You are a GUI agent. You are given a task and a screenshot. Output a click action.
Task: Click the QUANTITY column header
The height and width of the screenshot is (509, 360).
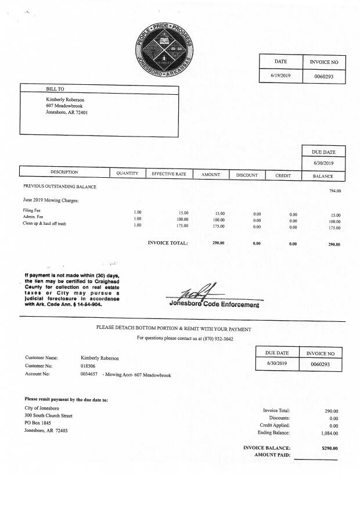point(127,173)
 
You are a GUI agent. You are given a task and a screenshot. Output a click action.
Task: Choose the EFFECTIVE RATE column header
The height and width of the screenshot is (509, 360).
point(168,174)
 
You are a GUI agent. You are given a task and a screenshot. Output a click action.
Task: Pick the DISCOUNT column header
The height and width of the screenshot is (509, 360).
point(247,174)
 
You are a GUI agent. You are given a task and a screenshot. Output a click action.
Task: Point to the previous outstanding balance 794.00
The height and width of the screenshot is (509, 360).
point(335,191)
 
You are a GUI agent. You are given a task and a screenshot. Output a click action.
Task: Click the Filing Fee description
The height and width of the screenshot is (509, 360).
point(31,210)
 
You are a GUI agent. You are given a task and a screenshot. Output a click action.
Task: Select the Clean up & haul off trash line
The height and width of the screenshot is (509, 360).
point(44,224)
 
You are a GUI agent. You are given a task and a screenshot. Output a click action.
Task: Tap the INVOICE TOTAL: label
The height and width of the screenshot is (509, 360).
point(168,243)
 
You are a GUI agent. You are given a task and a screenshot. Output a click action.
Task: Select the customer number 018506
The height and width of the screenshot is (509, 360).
point(88,367)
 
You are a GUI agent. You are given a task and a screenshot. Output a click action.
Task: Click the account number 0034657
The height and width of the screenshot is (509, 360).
point(89,375)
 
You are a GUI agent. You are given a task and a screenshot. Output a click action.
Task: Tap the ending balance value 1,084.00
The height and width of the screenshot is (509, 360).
point(329,433)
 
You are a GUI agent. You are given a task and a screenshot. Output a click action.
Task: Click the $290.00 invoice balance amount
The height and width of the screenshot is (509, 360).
point(329,448)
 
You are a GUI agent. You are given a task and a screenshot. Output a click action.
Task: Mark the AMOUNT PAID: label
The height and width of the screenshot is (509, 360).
point(272,455)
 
